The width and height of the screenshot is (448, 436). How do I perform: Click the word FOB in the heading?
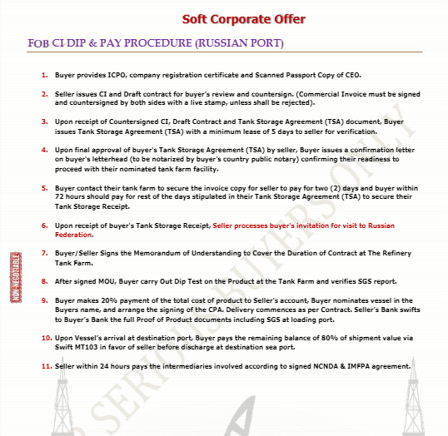point(38,43)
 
